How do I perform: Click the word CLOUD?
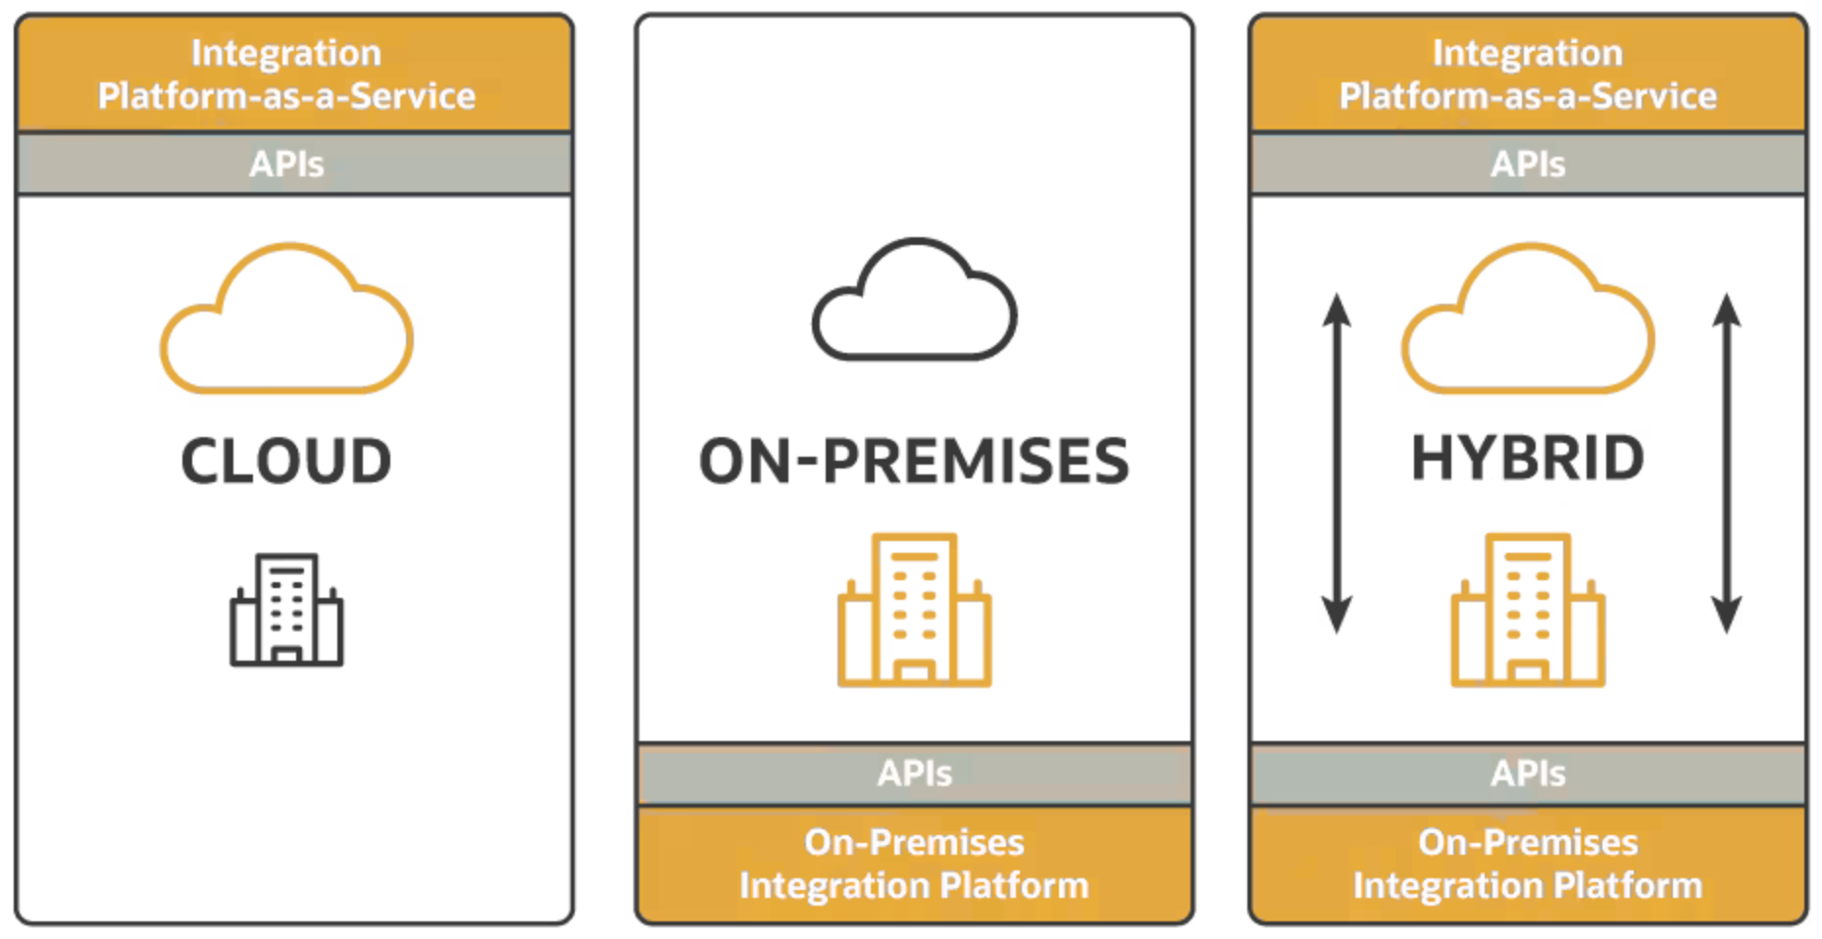286,461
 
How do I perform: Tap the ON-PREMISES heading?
914,462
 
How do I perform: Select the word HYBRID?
1527,459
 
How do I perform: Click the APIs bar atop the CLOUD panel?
286,164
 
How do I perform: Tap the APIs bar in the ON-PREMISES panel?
914,773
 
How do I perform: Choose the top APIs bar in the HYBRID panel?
1528,164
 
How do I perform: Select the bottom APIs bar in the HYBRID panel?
1528,773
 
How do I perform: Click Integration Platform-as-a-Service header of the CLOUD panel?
286,74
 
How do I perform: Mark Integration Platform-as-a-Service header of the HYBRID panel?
1528,74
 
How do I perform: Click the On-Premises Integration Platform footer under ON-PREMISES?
914,864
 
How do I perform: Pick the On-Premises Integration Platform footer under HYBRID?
1528,864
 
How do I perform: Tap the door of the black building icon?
286,655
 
